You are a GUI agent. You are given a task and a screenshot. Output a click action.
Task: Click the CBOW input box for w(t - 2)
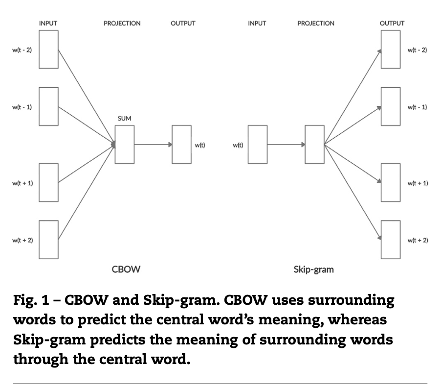point(48,49)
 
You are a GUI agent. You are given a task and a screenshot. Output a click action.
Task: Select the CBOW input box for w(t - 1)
point(48,106)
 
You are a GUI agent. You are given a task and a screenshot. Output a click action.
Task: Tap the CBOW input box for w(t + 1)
point(48,182)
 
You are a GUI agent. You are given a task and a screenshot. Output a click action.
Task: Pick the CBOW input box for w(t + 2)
point(48,239)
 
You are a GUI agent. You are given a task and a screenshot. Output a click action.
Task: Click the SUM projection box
point(124,145)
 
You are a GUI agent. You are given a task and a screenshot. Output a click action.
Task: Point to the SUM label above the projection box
point(124,118)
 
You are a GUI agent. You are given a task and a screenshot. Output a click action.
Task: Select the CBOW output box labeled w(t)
point(181,145)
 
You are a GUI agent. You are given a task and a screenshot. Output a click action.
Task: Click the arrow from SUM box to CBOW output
point(153,145)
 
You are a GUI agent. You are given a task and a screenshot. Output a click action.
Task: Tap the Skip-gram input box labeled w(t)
point(258,145)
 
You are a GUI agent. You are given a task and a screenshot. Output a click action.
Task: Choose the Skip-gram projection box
point(314,145)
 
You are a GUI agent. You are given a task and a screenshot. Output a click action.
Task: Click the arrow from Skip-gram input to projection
point(286,145)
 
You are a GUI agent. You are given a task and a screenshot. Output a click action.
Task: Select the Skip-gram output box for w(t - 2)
point(391,49)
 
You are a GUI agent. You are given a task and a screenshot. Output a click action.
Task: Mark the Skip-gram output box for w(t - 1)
point(391,106)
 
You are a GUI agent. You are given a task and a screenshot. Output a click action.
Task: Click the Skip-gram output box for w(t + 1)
point(391,182)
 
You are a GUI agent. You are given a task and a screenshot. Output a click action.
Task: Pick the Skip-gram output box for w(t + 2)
point(391,239)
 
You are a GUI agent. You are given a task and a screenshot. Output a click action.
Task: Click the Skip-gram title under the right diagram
point(313,269)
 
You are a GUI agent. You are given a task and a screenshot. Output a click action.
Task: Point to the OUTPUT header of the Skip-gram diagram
point(392,23)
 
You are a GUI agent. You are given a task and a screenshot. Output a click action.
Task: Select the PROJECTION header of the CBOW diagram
point(122,23)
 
